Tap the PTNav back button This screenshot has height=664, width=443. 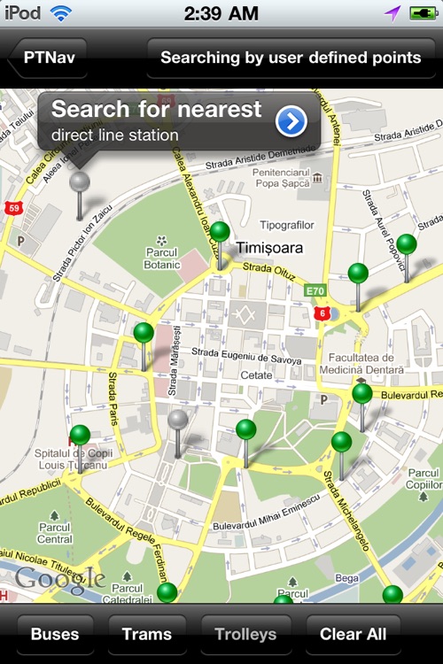click(x=48, y=58)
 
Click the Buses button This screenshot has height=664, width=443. click(x=55, y=634)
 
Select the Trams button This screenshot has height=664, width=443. click(x=147, y=634)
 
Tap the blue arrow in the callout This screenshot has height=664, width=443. click(x=291, y=121)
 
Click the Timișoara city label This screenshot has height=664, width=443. click(x=269, y=248)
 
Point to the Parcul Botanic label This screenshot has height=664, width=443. click(x=162, y=259)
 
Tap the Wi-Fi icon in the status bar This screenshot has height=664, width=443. click(x=60, y=13)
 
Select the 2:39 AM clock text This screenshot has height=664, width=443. click(x=221, y=13)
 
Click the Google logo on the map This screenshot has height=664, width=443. click(x=59, y=581)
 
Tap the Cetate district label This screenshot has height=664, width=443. click(x=257, y=375)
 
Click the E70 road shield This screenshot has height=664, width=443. click(x=315, y=290)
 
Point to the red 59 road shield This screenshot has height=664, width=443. click(x=12, y=208)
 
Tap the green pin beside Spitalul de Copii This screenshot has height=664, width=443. click(x=80, y=436)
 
